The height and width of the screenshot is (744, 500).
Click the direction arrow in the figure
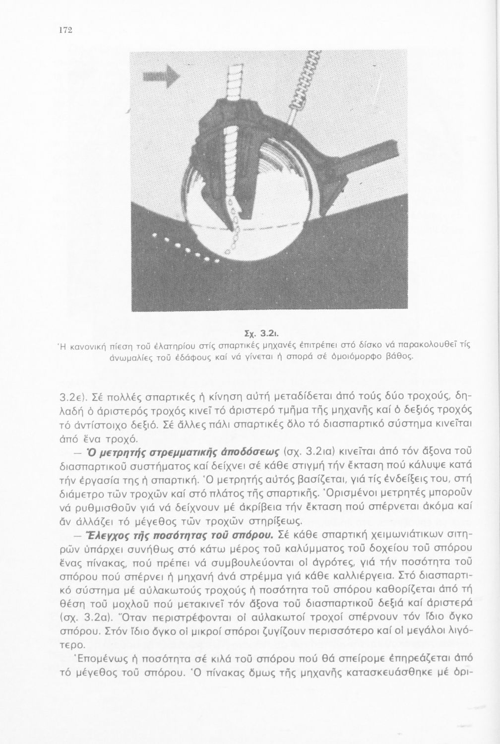pos(161,76)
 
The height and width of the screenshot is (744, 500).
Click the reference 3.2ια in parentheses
pos(320,452)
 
